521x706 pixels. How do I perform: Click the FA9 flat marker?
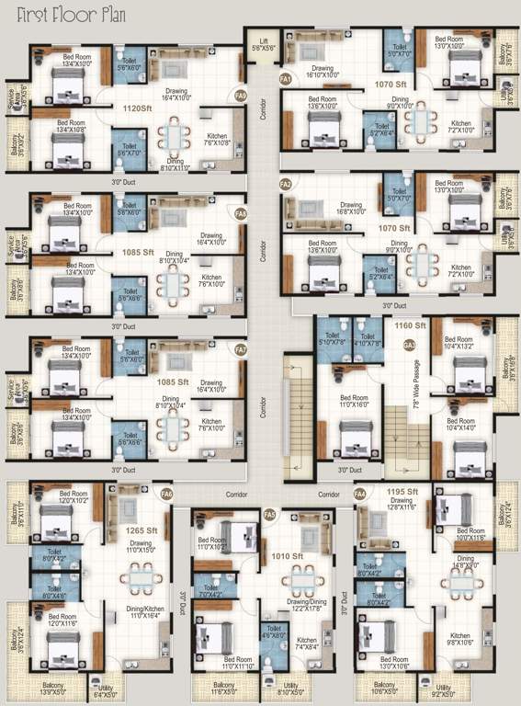(x=241, y=95)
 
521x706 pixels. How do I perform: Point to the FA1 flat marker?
(x=286, y=80)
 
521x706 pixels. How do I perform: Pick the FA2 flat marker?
(x=286, y=184)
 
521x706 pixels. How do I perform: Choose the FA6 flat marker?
(x=166, y=495)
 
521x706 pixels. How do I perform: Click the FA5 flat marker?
(x=270, y=514)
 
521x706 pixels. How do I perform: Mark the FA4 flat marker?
(x=360, y=495)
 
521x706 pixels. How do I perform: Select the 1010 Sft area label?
(x=300, y=556)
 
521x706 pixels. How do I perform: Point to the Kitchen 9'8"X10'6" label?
(x=459, y=639)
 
